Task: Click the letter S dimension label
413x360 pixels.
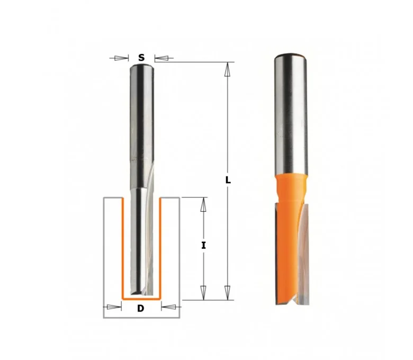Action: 141,57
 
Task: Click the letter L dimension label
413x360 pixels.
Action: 228,180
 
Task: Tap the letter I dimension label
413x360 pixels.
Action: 203,246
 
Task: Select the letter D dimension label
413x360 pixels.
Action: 141,308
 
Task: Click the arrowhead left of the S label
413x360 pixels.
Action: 121,58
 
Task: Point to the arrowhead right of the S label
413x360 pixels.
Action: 161,58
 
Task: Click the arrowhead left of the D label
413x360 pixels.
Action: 114,307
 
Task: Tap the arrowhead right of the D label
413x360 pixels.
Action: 168,307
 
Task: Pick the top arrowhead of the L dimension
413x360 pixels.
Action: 228,69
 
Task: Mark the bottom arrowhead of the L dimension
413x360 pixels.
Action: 228,293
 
